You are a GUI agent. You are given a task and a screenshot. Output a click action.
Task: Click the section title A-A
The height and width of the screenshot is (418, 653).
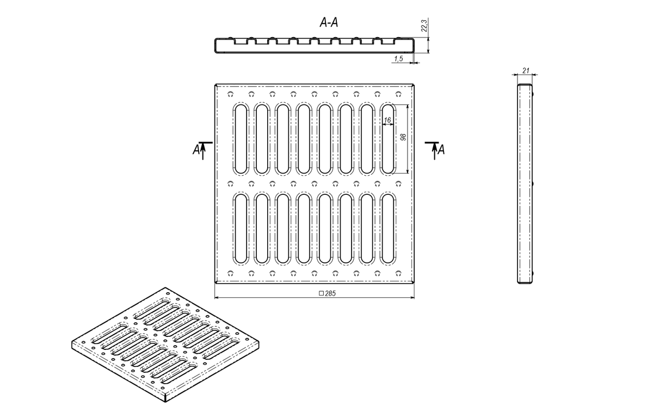click(329, 22)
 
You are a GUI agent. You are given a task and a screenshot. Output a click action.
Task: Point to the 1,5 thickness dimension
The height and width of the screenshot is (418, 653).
click(398, 59)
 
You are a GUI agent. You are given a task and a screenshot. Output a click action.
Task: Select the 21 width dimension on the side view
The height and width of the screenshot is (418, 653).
click(526, 71)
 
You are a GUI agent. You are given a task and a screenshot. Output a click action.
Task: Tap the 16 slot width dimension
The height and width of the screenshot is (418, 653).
click(387, 120)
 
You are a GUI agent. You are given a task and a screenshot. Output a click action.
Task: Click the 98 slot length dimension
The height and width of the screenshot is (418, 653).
click(403, 137)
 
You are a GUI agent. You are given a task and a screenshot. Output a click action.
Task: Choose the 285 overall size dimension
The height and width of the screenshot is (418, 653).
click(330, 293)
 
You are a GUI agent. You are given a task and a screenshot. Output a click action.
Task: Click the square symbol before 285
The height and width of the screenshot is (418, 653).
click(321, 293)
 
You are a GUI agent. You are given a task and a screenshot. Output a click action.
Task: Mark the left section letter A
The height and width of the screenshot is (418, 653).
click(196, 150)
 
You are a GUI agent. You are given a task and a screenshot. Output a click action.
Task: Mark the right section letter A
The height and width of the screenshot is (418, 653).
click(441, 150)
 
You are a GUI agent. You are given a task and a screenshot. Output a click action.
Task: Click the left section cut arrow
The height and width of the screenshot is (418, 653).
click(203, 151)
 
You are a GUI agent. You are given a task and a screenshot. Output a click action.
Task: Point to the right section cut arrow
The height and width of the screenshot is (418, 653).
click(434, 151)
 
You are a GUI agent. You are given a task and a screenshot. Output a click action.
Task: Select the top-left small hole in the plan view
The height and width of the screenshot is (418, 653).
click(231, 94)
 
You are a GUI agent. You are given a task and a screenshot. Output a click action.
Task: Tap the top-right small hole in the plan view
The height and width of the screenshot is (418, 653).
click(398, 94)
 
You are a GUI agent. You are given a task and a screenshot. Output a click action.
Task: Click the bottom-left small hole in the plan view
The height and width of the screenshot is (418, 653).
click(231, 273)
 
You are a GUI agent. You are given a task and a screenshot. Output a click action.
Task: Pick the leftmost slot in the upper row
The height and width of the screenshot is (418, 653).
click(241, 139)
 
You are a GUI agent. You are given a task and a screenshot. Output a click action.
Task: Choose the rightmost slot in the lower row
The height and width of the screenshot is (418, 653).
click(387, 229)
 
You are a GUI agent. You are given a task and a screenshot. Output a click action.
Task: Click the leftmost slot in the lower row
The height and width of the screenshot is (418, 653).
click(241, 229)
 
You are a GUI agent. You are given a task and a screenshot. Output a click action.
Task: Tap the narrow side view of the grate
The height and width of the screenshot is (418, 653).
click(525, 183)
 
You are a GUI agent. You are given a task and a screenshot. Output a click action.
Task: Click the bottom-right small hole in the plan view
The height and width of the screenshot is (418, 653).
click(398, 273)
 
